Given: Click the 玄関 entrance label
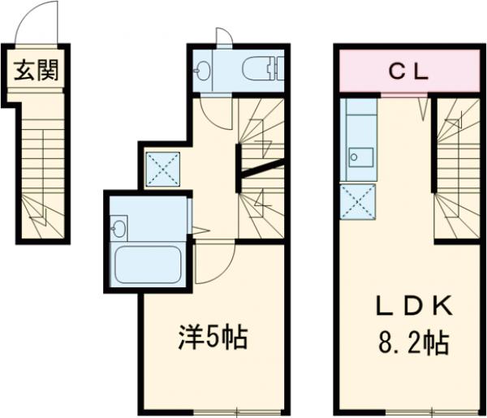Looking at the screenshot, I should [37, 71].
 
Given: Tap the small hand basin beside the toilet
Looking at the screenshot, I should [203, 70].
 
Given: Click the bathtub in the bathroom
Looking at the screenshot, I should [148, 265].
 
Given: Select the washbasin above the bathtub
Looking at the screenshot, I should [120, 227].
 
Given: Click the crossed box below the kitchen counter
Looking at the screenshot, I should [358, 201].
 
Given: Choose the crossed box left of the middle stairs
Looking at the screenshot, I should [163, 169].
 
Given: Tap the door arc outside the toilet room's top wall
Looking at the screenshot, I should [224, 36].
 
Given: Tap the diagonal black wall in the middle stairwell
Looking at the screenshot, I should [262, 167].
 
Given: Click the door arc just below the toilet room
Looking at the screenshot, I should [212, 111].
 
